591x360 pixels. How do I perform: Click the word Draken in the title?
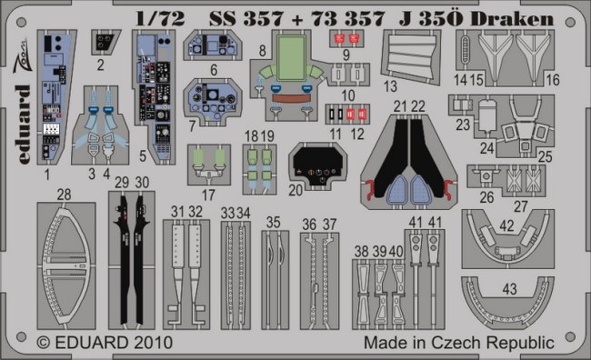(512, 18)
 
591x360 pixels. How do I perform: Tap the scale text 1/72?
(161, 18)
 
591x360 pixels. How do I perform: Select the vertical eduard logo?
(23, 125)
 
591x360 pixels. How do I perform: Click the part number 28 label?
(64, 195)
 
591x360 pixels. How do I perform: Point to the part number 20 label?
(295, 190)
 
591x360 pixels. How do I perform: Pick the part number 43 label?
(509, 289)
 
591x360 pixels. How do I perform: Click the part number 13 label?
(390, 86)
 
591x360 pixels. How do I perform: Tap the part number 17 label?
(208, 195)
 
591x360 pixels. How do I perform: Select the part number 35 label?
(274, 223)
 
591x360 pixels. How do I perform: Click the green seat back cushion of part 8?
(291, 57)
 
